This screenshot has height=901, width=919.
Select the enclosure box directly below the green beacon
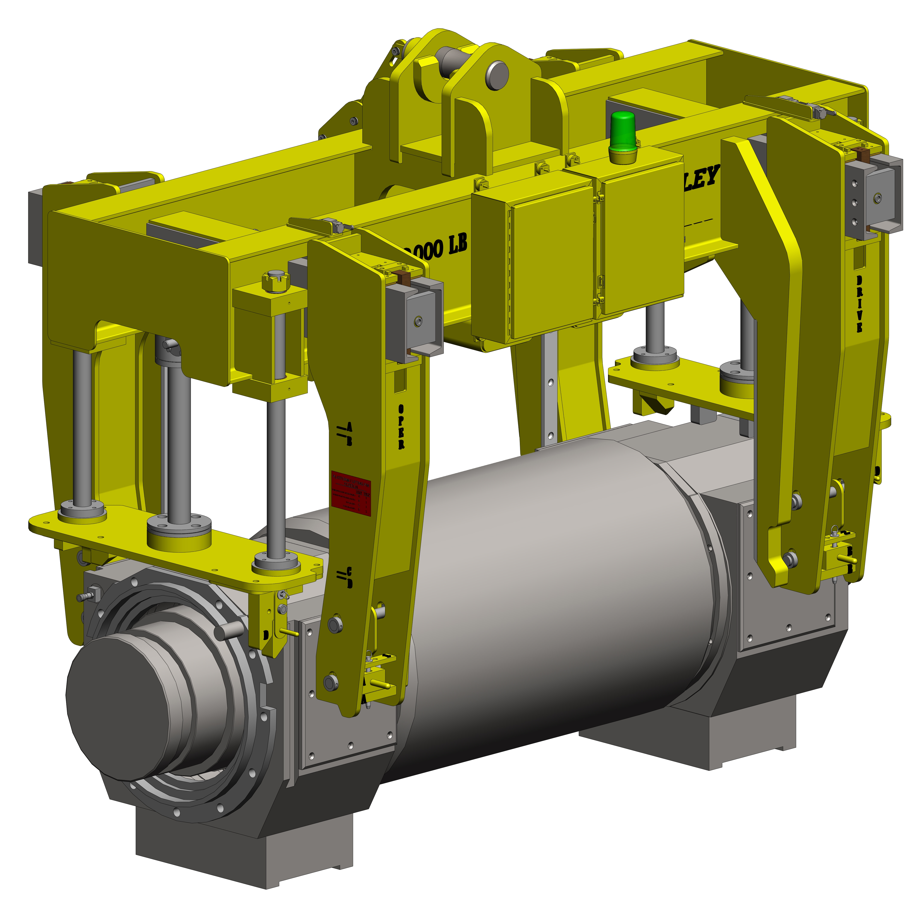641,237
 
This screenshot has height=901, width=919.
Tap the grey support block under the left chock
244,852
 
